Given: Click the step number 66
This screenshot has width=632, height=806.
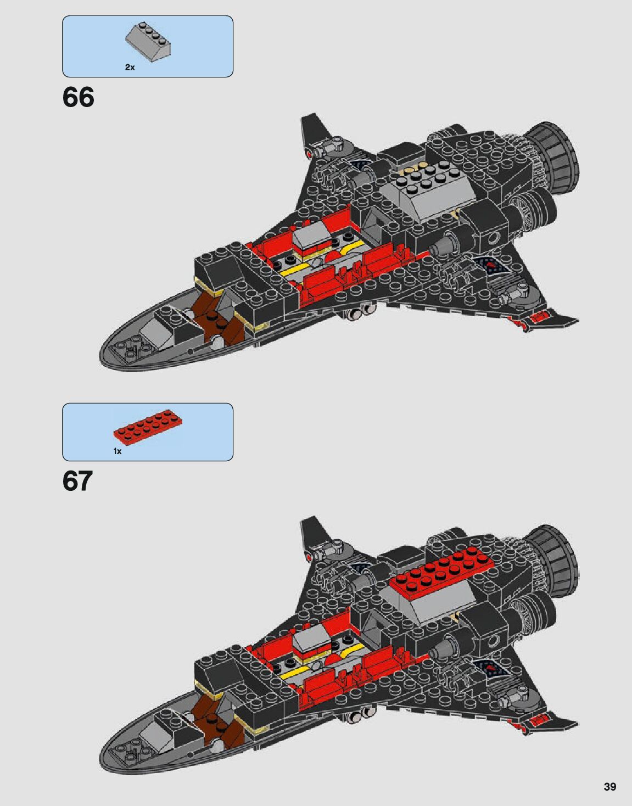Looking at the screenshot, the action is [78, 97].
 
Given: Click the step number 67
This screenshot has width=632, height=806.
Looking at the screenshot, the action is [77, 480].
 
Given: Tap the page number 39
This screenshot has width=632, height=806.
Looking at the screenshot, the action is [609, 787].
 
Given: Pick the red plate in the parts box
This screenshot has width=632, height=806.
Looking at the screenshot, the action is [148, 427].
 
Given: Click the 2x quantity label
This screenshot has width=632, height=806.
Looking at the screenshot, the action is [130, 68].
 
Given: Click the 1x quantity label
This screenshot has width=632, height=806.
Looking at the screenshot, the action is [118, 451].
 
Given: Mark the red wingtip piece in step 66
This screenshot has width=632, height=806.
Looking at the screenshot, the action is [540, 317].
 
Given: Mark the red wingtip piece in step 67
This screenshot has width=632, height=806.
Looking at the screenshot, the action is [540, 720].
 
